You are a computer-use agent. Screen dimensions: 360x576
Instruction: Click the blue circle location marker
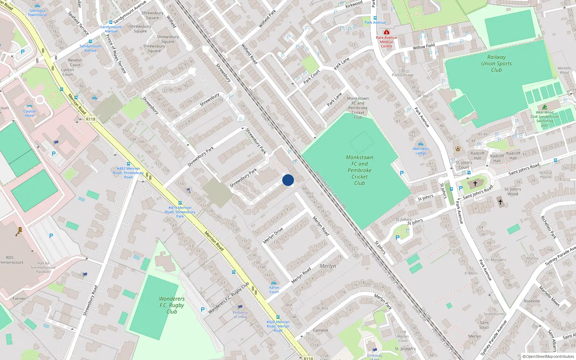[x=288, y=180]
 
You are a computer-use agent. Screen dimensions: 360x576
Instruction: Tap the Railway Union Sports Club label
[x=496, y=63]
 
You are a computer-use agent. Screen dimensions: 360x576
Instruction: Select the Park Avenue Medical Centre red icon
[x=386, y=32]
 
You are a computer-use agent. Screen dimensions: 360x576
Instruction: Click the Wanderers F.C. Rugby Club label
[x=172, y=305]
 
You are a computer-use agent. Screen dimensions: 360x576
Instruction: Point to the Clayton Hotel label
[x=30, y=113]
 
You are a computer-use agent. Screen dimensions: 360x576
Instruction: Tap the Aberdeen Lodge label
[x=421, y=151]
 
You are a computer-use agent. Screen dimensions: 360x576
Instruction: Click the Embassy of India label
[x=240, y=315]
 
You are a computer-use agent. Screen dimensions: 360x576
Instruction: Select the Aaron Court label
[x=274, y=289]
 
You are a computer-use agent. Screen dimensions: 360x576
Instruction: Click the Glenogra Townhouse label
[x=37, y=13]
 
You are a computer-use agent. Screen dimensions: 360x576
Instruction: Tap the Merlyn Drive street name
[x=273, y=235]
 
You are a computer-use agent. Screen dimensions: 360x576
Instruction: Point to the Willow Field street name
[x=424, y=46]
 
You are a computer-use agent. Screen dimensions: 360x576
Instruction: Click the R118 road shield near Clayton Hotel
[x=91, y=119]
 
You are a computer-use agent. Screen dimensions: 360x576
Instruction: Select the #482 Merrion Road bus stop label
[x=128, y=173]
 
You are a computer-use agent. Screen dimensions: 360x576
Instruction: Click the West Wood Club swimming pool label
[x=545, y=119]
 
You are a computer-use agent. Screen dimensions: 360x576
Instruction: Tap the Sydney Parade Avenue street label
[x=494, y=339]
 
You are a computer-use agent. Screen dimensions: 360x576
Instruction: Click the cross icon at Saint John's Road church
[x=475, y=184]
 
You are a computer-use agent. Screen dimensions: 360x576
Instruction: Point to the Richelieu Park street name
[x=548, y=227]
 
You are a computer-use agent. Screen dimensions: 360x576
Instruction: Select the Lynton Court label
[x=67, y=72]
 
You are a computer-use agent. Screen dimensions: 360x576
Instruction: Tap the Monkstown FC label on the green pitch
[x=359, y=170]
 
